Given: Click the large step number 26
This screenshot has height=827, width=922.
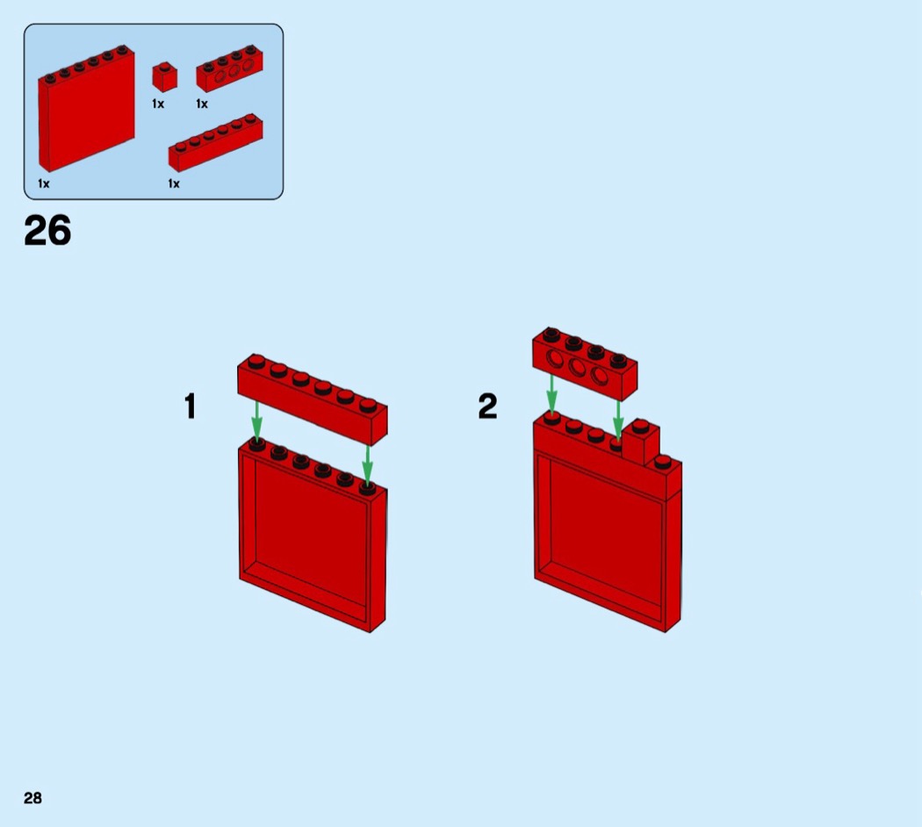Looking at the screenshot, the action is (x=47, y=230).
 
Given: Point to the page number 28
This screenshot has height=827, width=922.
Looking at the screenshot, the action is (x=33, y=798).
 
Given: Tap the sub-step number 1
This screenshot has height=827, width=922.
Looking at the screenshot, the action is (x=190, y=406).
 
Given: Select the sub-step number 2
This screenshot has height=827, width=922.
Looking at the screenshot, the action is (x=487, y=406).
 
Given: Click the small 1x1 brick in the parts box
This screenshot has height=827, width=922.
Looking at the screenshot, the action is (x=165, y=77).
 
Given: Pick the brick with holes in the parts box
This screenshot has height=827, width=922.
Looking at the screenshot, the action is (x=229, y=68).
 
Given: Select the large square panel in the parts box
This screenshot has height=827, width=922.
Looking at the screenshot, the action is (x=86, y=108).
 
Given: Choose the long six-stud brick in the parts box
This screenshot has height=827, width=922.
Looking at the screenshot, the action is (x=216, y=143).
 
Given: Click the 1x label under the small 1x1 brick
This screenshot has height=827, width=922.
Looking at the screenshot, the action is (x=158, y=104).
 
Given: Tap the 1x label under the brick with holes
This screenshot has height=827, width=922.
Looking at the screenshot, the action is (x=202, y=104).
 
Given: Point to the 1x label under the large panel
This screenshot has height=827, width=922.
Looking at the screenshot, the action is (x=44, y=184).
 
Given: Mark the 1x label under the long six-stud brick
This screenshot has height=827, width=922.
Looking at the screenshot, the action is (x=174, y=184).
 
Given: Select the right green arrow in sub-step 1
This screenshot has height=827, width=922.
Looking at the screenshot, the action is (x=368, y=465).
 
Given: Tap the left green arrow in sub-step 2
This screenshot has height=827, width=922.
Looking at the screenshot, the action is (x=551, y=394).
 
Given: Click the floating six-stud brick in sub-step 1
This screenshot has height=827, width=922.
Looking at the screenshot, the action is (x=313, y=399).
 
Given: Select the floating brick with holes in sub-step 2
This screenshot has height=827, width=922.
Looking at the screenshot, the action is (x=585, y=363).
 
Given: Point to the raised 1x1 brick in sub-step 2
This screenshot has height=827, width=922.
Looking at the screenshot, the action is (x=641, y=442).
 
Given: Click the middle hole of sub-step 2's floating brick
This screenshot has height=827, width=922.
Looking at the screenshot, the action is (x=577, y=367).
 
